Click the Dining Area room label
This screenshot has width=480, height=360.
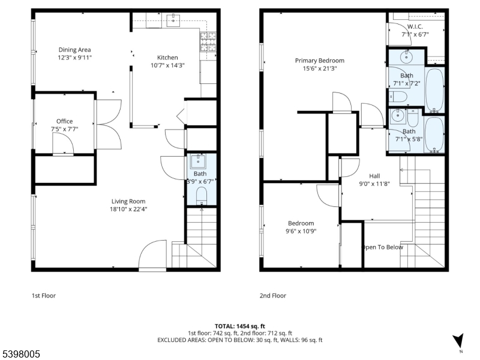click(75, 49)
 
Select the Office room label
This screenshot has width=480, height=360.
click(65, 121)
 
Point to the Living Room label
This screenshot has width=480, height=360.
click(128, 201)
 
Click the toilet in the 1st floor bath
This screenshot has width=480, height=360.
click(201, 194)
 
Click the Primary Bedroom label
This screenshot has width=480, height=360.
click(319, 61)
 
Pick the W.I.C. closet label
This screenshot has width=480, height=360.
click(415, 27)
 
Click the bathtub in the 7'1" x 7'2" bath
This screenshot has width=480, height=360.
click(435, 89)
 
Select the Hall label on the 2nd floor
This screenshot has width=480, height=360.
click(374, 176)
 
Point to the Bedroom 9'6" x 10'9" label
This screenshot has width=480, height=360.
click(301, 223)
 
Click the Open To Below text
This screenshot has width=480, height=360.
click(382, 247)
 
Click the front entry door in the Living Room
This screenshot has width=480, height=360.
click(152, 256)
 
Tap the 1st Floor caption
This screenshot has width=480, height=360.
click(44, 295)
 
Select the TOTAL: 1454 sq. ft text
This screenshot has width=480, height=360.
click(239, 326)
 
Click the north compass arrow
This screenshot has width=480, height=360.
click(459, 340)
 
